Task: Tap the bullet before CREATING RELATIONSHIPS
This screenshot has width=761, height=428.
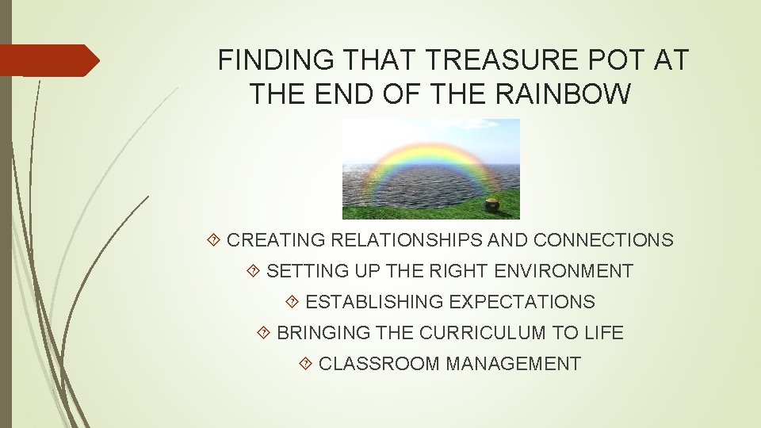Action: point(214,240)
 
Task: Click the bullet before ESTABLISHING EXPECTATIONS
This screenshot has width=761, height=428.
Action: point(293,302)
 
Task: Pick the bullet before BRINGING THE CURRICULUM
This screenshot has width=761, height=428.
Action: point(264,333)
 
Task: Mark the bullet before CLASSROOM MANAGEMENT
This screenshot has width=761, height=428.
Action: point(306,364)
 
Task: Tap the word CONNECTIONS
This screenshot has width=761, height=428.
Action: point(603,240)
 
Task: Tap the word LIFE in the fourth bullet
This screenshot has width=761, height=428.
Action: point(606,333)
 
